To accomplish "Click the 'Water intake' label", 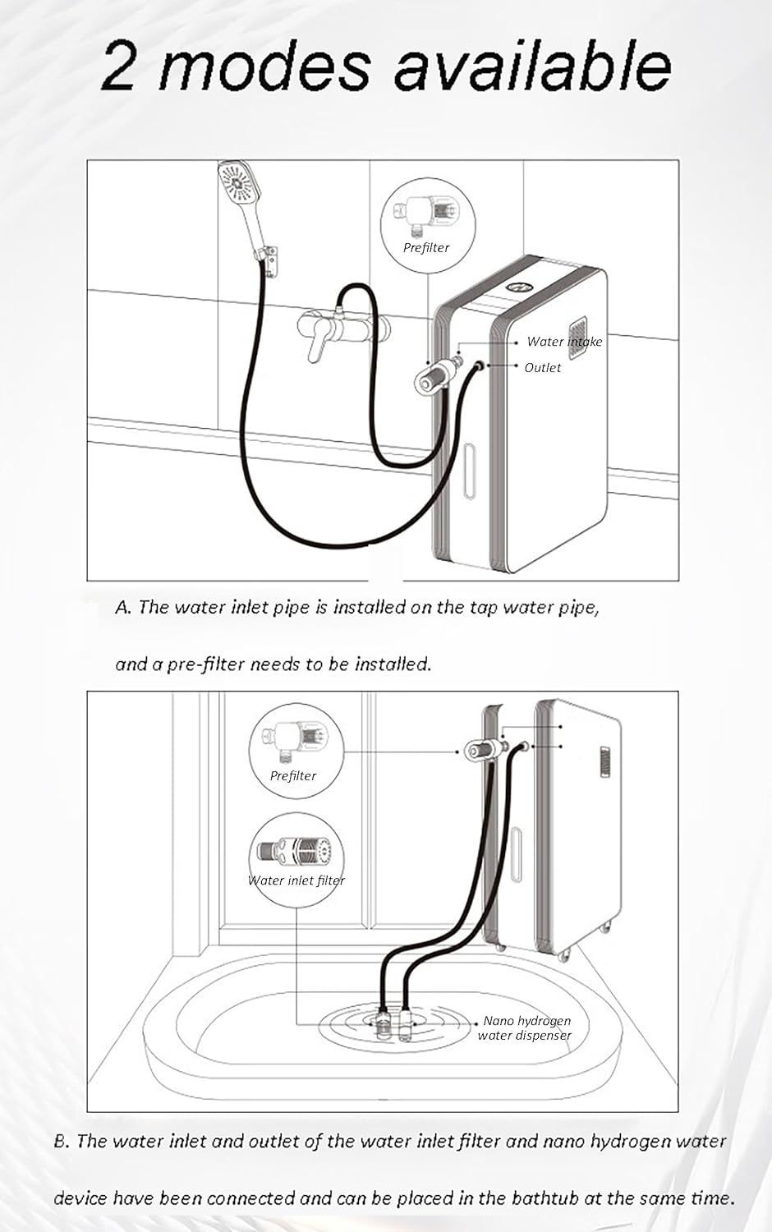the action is coord(564,342).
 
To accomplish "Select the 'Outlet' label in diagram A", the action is coord(543,367).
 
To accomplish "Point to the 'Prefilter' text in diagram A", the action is coord(426,248).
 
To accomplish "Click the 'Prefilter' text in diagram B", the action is coord(293,776).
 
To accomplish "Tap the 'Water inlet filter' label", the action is coord(296,880).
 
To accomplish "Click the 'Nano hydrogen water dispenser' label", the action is coord(525,1028).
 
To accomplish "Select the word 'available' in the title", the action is coord(532,65).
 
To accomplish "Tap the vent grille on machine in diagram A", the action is coord(577,338).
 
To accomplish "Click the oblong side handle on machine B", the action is coord(516,854).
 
